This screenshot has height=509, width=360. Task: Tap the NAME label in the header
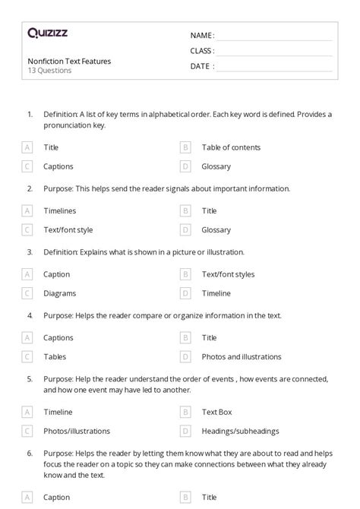[202, 35]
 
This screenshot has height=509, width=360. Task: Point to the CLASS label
[202, 51]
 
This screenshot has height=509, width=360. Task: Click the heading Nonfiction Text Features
[69, 61]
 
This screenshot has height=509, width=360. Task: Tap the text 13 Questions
[49, 71]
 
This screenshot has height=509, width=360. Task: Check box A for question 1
[28, 147]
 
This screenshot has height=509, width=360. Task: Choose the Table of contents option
[231, 147]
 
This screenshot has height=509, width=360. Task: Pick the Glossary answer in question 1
[216, 166]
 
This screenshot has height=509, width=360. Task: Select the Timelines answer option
[60, 211]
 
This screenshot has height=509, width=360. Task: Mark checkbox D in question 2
[185, 229]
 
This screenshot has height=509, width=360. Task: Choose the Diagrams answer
[60, 292]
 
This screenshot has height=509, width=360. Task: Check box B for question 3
[185, 274]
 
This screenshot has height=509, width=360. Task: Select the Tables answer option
[55, 356]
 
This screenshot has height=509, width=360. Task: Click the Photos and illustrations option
[242, 356]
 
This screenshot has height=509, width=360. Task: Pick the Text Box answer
[216, 412]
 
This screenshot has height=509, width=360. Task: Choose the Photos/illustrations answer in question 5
[77, 431]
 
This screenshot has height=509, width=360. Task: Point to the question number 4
[30, 315]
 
